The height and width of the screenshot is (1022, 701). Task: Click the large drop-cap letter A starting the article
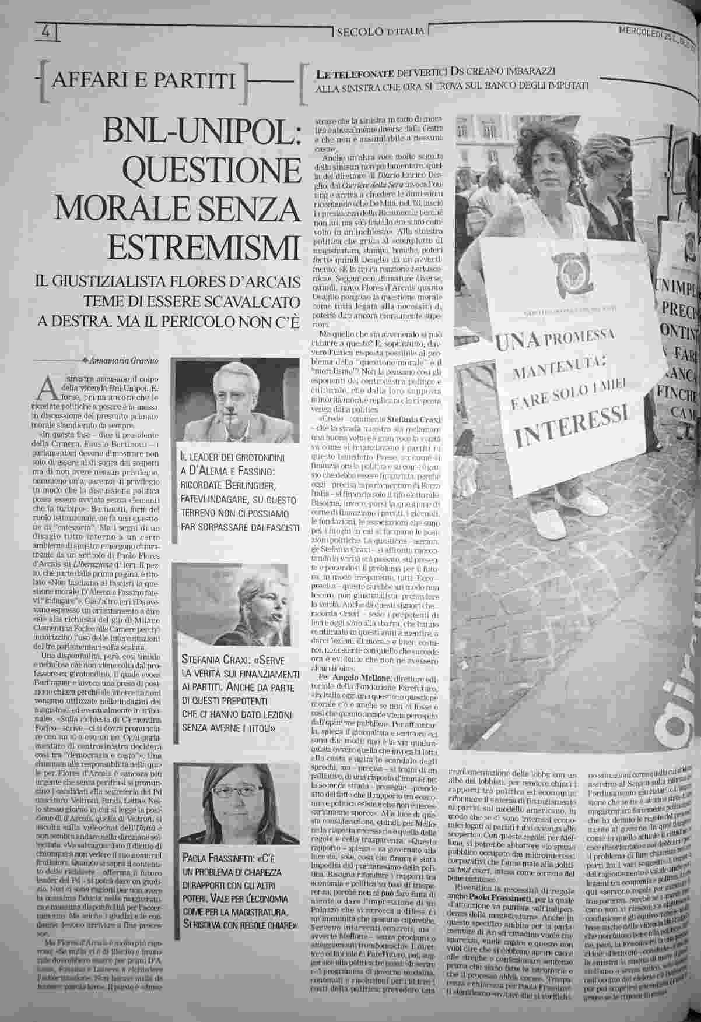point(47,386)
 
